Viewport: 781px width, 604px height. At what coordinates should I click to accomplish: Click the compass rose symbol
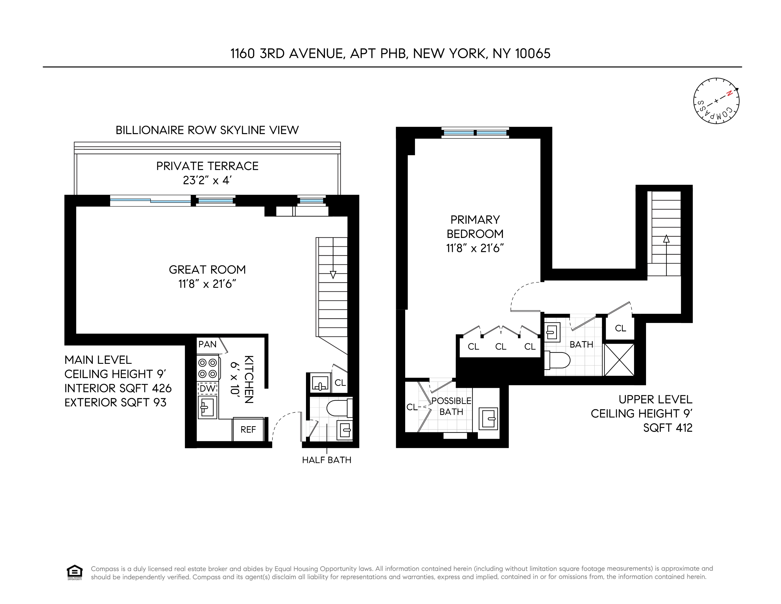click(716, 101)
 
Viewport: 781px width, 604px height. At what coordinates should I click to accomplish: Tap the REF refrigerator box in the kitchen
click(248, 430)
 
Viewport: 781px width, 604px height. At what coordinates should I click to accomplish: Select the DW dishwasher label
click(207, 388)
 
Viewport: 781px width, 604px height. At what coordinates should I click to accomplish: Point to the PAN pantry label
click(207, 344)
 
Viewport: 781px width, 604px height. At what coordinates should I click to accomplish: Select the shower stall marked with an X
click(619, 360)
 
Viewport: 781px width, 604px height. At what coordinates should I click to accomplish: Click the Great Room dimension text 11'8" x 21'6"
click(207, 284)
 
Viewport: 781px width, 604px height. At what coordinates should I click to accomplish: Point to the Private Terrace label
click(207, 166)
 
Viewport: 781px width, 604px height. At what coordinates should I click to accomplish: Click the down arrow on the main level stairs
click(333, 275)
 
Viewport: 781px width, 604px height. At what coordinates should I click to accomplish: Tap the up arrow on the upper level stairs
click(666, 239)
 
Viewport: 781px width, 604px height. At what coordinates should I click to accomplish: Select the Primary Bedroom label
click(475, 226)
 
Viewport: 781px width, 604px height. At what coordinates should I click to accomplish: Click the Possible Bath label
click(451, 406)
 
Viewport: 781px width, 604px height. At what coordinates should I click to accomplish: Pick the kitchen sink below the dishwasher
click(207, 407)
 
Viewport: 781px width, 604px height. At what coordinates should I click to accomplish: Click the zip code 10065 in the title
click(533, 54)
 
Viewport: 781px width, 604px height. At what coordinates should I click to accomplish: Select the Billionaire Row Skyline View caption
click(207, 130)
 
